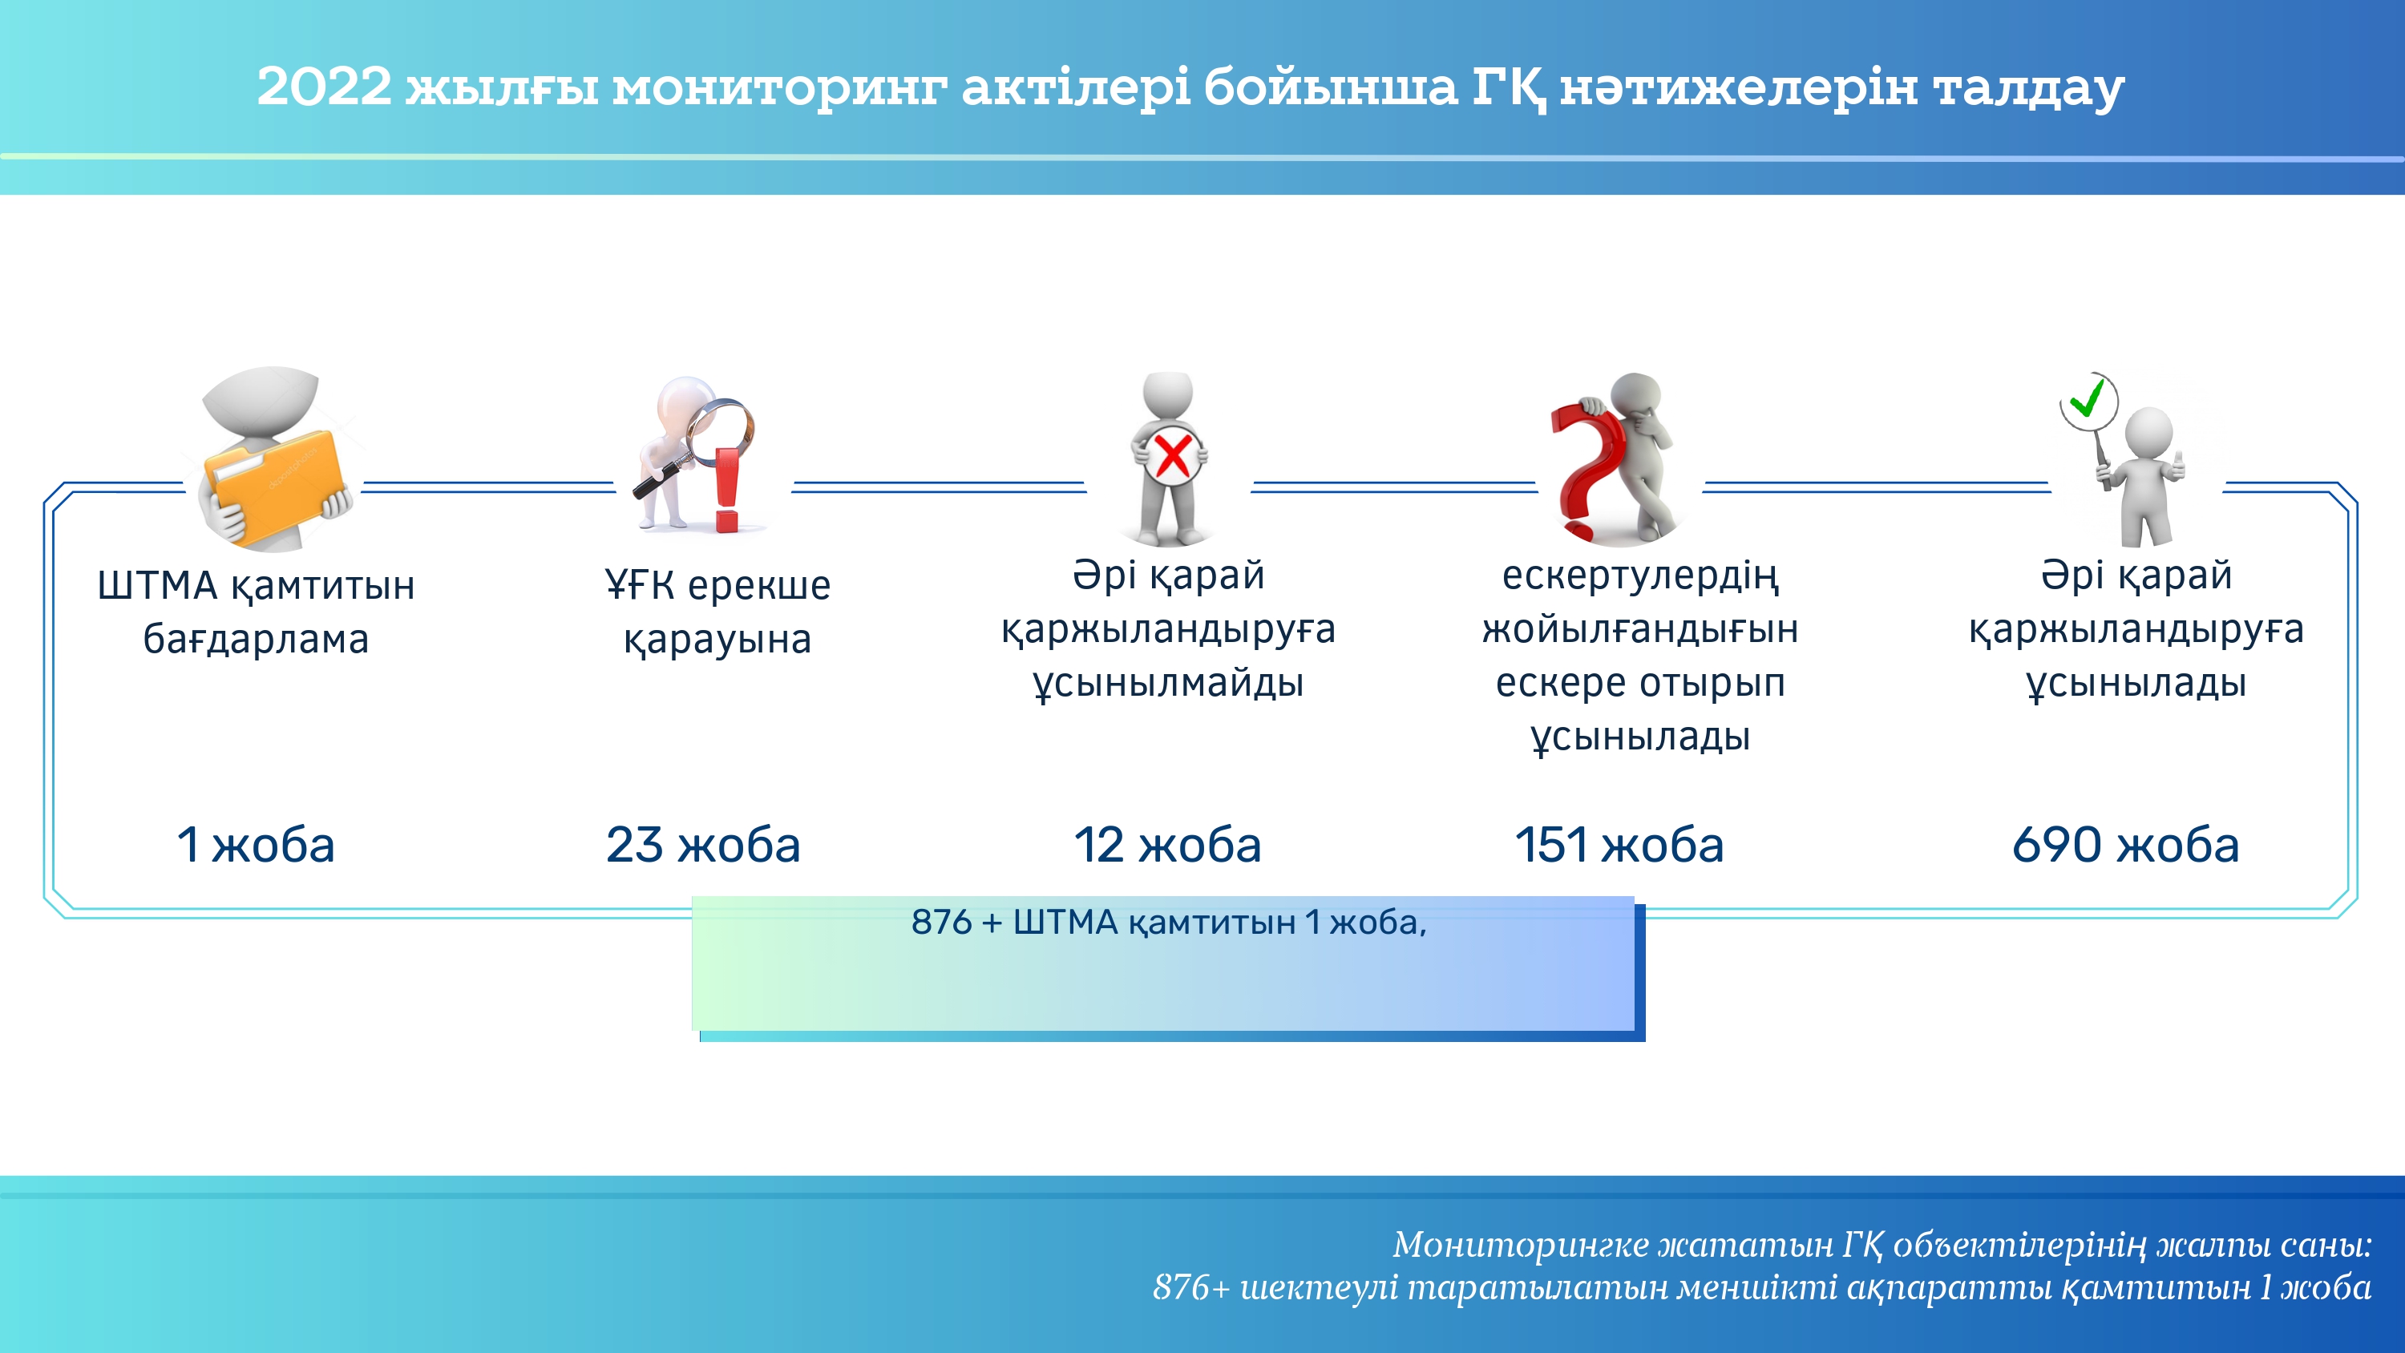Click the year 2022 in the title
click(x=324, y=86)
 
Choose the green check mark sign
click(x=2088, y=400)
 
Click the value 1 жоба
click(x=256, y=844)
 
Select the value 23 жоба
click(x=703, y=844)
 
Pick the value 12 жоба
click(x=1167, y=844)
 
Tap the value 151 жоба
click(x=1619, y=844)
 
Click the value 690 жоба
click(x=2125, y=844)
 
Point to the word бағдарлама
click(x=256, y=640)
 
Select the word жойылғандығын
click(x=1640, y=630)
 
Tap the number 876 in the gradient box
click(x=942, y=923)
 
